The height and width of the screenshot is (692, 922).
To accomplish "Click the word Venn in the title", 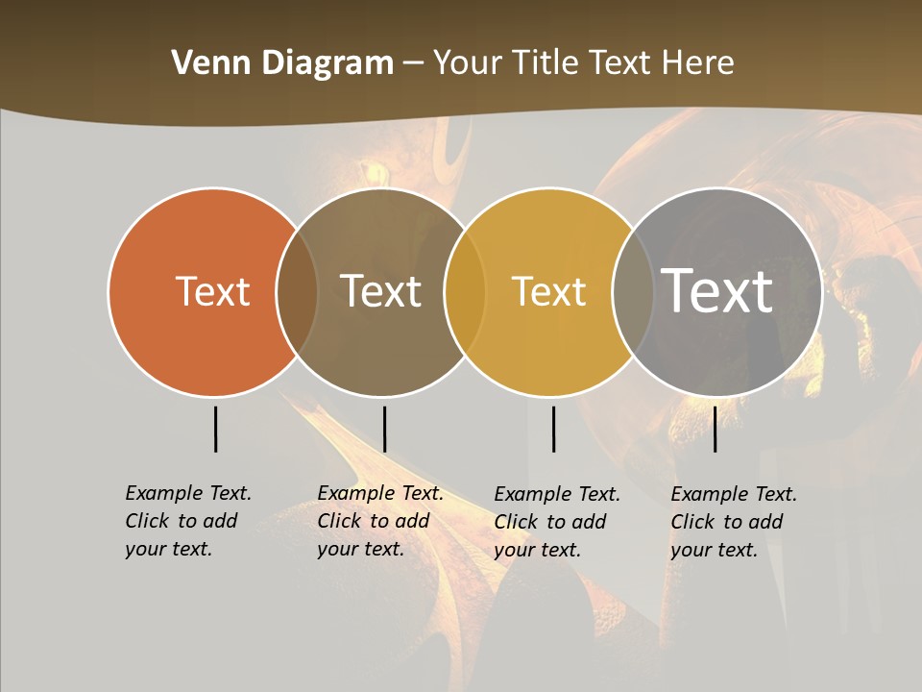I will (x=205, y=63).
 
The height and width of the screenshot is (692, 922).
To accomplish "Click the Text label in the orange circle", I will (x=212, y=291).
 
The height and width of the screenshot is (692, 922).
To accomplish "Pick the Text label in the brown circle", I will (x=380, y=291).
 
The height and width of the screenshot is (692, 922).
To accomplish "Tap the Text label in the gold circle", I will (x=548, y=291).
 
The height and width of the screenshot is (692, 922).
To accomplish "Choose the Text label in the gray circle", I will (x=716, y=290).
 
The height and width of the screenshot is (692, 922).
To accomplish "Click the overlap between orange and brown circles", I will (x=297, y=292).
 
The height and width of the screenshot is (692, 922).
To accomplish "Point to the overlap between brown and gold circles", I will (x=465, y=292).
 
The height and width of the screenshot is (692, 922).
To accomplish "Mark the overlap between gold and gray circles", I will (x=633, y=292).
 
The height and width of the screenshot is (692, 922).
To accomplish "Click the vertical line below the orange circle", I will (x=215, y=429).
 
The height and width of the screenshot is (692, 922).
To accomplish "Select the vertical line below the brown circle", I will (x=384, y=429).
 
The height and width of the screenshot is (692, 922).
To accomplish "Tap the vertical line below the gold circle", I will (x=553, y=429).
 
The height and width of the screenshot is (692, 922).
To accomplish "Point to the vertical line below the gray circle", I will (x=715, y=429).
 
